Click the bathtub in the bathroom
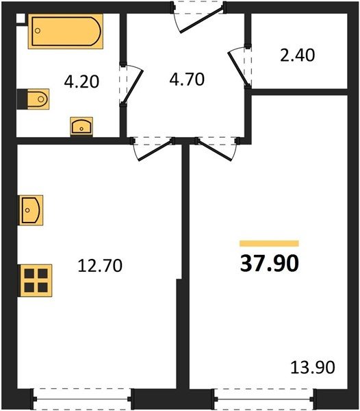(x=66, y=32)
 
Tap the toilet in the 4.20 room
(x=34, y=99)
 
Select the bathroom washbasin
(x=81, y=127)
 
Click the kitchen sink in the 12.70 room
(x=30, y=210)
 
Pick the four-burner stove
(x=35, y=280)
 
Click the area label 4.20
(x=81, y=82)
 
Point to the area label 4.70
(x=187, y=79)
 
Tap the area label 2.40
(x=298, y=55)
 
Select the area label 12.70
(x=100, y=265)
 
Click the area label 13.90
(x=313, y=367)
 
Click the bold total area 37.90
(x=270, y=264)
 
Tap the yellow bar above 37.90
(x=269, y=243)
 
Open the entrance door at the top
(x=199, y=17)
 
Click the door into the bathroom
(x=131, y=84)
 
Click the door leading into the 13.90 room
(x=218, y=149)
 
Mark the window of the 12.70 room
(x=83, y=399)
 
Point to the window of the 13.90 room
(x=265, y=399)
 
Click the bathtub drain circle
(x=38, y=31)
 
